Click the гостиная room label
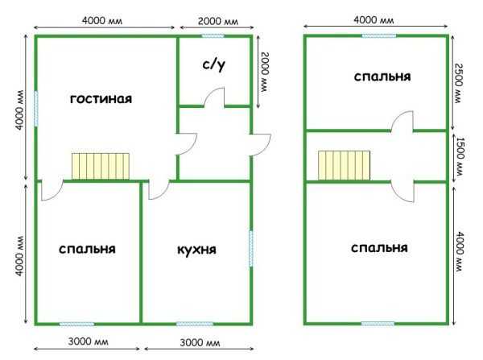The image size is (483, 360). click(101, 99)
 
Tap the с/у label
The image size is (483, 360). click(214, 64)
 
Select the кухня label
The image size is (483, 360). click(196, 250)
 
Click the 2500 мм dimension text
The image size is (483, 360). click(459, 83)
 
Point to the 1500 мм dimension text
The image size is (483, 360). click(459, 156)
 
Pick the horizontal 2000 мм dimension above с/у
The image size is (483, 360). click(218, 21)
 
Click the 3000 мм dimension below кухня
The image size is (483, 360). click(200, 342)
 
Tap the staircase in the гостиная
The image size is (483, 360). click(101, 166)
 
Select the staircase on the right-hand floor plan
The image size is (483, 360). click(344, 165)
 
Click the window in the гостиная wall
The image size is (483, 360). click(36, 109)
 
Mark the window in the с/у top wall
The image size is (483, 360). click(213, 36)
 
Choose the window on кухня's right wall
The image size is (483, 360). click(251, 249)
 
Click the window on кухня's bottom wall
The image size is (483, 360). click(194, 324)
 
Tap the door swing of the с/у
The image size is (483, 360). click(214, 97)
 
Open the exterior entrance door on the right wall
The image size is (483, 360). click(261, 145)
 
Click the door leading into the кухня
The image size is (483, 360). click(159, 191)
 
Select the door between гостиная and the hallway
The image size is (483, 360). click(186, 144)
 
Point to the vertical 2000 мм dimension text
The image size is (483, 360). click(265, 72)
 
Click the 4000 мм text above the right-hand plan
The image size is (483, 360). click(374, 20)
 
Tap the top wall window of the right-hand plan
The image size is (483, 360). click(379, 36)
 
